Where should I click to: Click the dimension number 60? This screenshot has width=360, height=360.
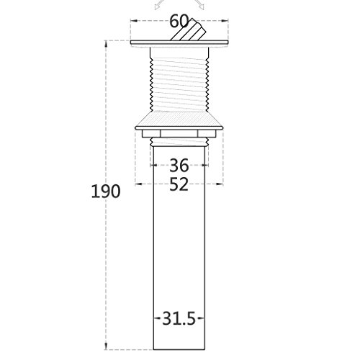tap(179, 21)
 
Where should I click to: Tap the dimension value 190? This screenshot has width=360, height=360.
tap(106, 192)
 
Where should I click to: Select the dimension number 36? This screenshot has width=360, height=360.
tap(179, 166)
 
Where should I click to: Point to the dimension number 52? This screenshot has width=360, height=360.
tap(179, 184)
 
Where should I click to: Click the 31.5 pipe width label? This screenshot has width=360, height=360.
tap(179, 319)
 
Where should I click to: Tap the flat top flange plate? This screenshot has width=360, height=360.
tap(179, 42)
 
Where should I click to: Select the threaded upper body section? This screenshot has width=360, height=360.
tap(179, 79)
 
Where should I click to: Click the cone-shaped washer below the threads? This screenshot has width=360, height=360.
tap(179, 121)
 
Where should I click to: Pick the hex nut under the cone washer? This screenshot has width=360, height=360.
tap(179, 133)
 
